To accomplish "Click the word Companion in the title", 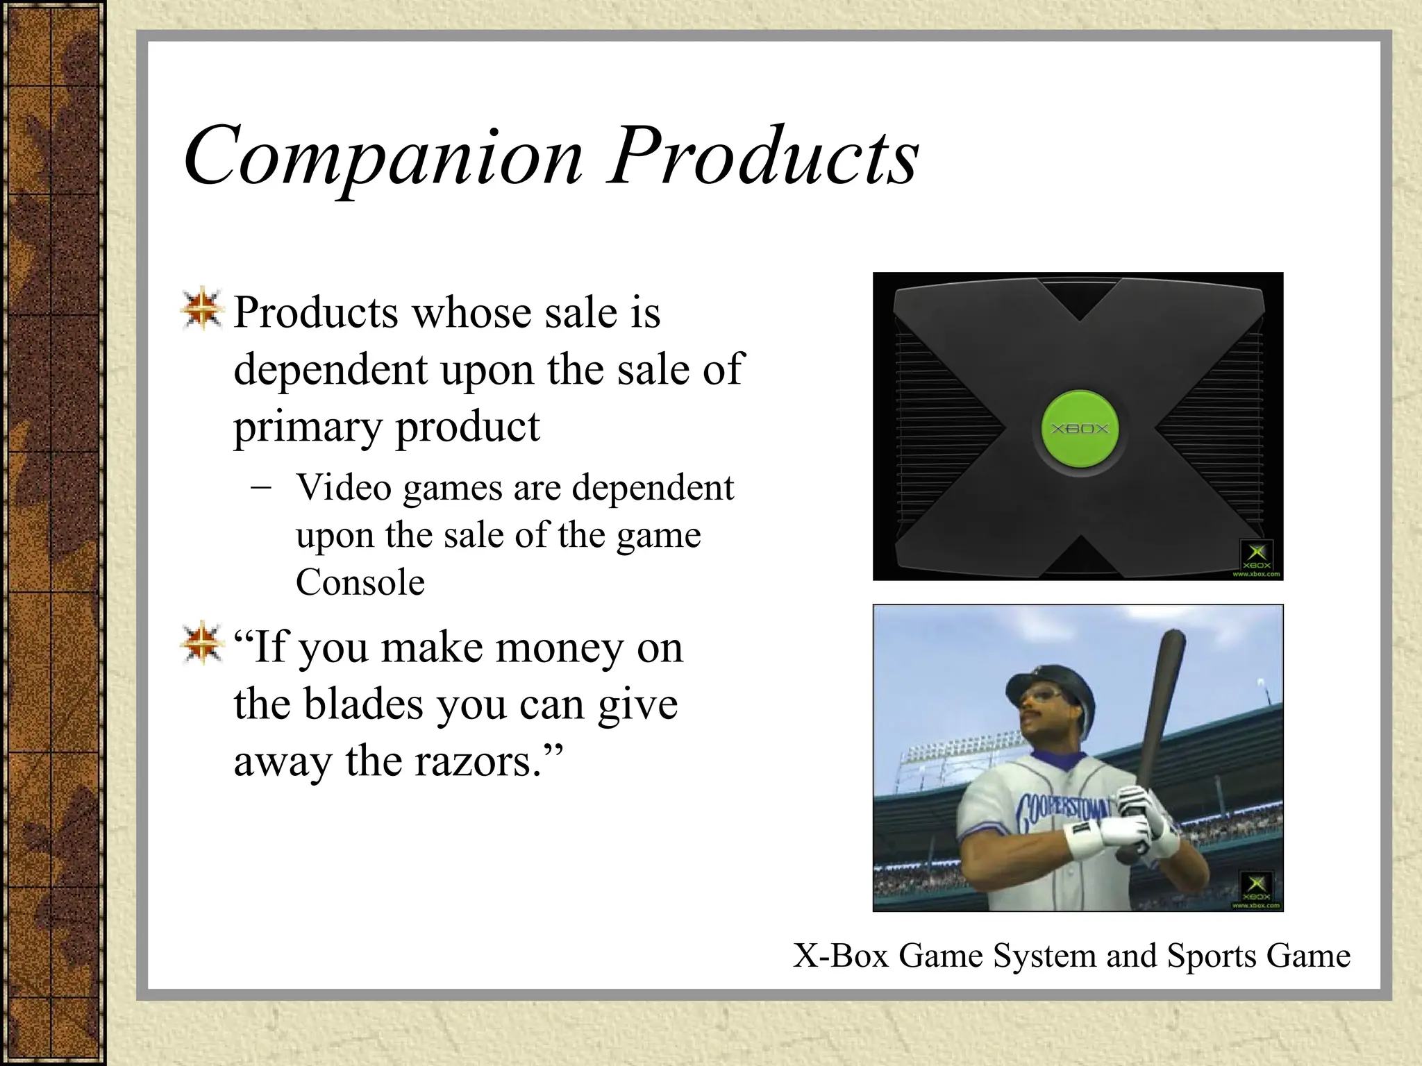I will tap(383, 156).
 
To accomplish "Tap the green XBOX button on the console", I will tap(1079, 428).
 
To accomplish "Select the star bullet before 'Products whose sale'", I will tap(201, 308).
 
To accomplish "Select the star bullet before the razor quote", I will tap(201, 643).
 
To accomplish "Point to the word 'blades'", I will tap(364, 705).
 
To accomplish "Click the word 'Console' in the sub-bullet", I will tap(360, 582).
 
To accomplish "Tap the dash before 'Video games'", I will tap(262, 487).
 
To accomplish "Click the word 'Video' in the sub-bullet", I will tap(344, 488).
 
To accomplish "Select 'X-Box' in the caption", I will tap(841, 956).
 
